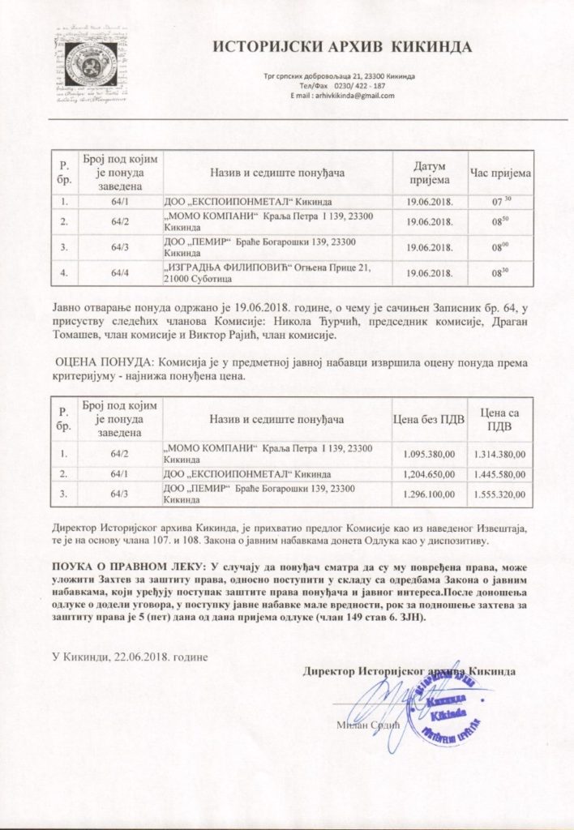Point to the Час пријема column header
coord(500,173)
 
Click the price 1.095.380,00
coord(429,453)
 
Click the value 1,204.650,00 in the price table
coord(429,473)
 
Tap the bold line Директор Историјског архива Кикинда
coord(408,671)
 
